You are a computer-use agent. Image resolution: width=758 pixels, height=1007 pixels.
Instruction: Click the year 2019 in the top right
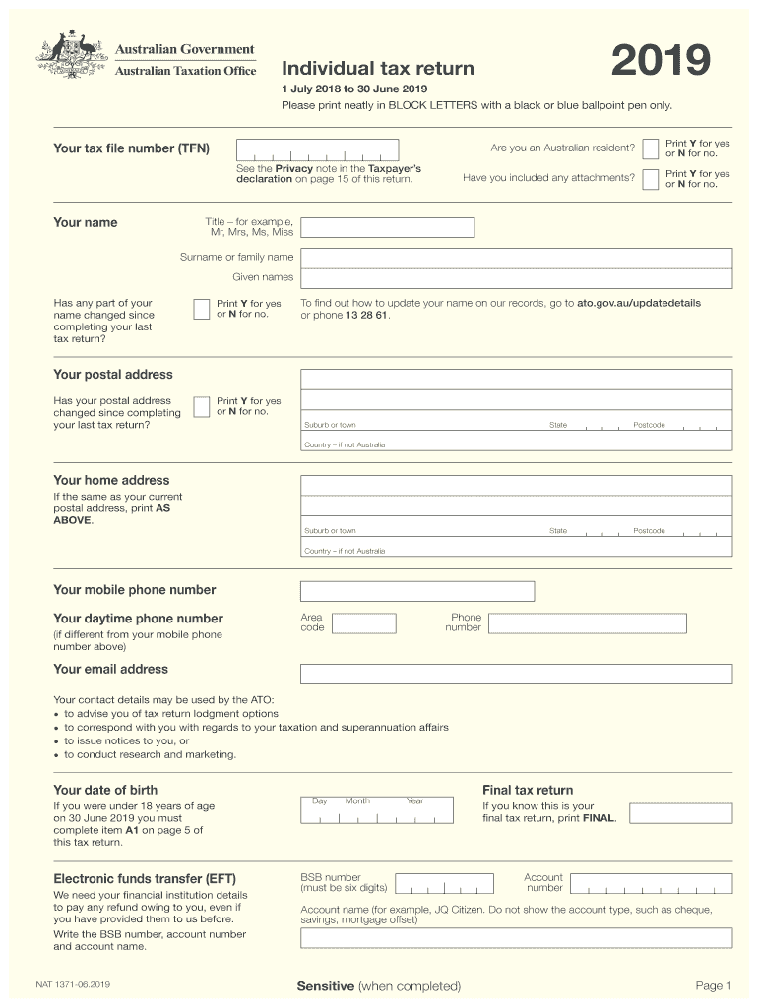[x=660, y=62]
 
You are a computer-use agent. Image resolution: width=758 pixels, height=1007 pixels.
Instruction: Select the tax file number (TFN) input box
[x=317, y=149]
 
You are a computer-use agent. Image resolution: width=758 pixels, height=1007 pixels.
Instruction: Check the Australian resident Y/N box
[x=651, y=148]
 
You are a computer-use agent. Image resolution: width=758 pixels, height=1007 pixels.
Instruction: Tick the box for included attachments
[x=651, y=179]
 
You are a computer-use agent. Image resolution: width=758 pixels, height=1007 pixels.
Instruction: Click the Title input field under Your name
[x=387, y=227]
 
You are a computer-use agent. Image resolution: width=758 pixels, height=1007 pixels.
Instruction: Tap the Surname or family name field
[x=516, y=258]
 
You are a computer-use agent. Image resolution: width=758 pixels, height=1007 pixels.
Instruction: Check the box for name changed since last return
[x=201, y=309]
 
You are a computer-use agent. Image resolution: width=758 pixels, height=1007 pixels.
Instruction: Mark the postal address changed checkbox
[x=201, y=406]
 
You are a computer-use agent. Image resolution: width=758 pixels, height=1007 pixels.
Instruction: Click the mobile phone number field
[x=417, y=591]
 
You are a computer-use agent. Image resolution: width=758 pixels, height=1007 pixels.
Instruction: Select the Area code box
[x=363, y=623]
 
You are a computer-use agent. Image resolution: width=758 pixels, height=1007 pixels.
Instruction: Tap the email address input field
[x=516, y=674]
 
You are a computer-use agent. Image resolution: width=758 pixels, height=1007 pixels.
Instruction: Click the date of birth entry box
[x=378, y=808]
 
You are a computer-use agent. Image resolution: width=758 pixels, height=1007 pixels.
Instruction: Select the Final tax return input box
[x=680, y=813]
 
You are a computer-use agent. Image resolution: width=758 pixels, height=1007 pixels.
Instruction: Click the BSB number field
[x=453, y=883]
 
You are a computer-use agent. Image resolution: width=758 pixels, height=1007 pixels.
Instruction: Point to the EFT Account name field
[x=516, y=937]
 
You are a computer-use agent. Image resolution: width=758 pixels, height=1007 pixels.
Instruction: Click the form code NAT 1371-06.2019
[x=72, y=983]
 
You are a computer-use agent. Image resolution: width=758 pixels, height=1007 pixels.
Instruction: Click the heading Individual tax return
[x=378, y=69]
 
